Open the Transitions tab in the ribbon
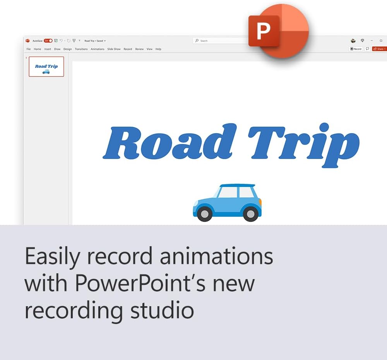81,49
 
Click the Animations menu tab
98,49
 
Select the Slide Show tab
114,49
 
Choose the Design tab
68,49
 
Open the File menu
29,49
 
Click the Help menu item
158,49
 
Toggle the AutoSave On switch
48,41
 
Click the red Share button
379,49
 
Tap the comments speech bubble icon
367,49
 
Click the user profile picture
353,41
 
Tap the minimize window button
372,41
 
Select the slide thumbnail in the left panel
46,67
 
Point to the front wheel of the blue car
204,214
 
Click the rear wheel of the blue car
250,214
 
